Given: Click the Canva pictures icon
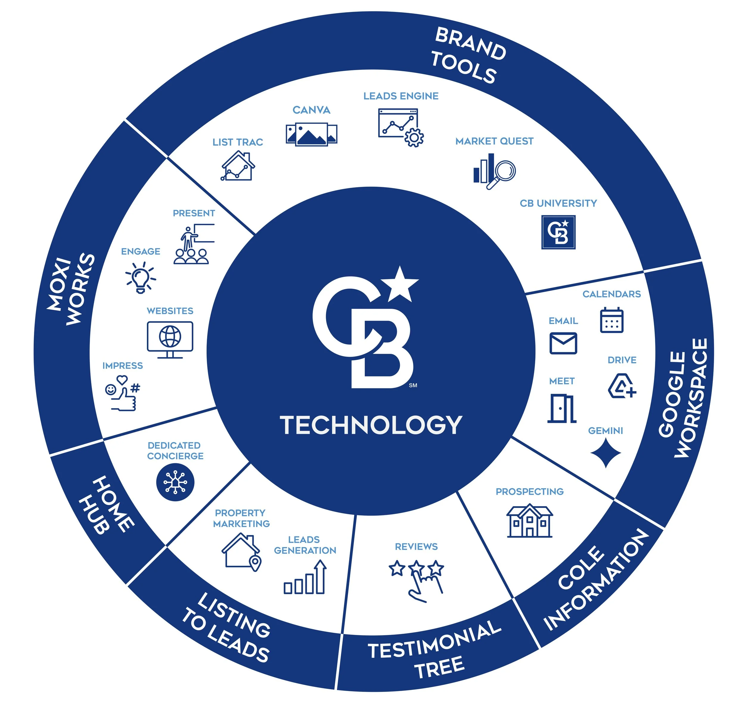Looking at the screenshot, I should pyautogui.click(x=311, y=134).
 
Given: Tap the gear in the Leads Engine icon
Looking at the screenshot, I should pyautogui.click(x=414, y=137).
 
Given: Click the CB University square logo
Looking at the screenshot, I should pyautogui.click(x=558, y=232).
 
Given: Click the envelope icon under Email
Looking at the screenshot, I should pyautogui.click(x=563, y=343).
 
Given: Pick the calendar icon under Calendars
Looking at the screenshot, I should pyautogui.click(x=611, y=320).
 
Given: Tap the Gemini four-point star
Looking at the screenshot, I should pyautogui.click(x=606, y=453).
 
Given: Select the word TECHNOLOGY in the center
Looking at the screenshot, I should pyautogui.click(x=371, y=425).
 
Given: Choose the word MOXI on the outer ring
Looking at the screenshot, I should pyautogui.click(x=59, y=284).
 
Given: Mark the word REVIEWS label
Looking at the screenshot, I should pyautogui.click(x=416, y=546).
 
